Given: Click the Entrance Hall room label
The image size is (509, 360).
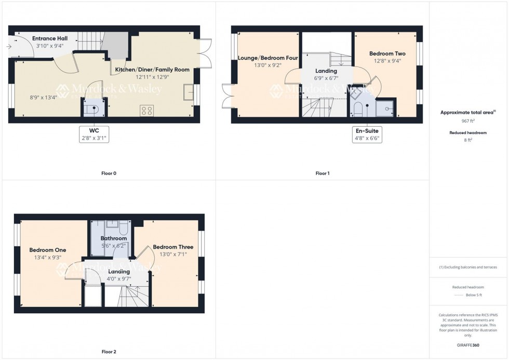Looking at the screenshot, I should (50, 38).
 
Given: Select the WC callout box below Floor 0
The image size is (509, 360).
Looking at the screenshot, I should (94, 134).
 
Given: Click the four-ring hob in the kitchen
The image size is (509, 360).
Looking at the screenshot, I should (147, 110).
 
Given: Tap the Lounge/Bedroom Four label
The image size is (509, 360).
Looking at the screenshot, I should (267, 58).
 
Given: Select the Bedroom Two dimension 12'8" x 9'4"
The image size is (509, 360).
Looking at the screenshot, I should (387, 61).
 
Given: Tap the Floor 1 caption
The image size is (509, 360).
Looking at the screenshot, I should (322, 173).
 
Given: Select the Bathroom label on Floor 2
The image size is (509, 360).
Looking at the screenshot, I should (114, 238).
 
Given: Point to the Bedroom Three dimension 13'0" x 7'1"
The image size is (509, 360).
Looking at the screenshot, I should (173, 254).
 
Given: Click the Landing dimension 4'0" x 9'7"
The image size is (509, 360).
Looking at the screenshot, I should (119, 278).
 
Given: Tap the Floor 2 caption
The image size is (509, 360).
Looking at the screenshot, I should (108, 352).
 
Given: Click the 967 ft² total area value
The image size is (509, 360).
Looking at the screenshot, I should (468, 121).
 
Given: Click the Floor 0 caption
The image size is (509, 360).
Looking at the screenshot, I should (108, 173).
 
